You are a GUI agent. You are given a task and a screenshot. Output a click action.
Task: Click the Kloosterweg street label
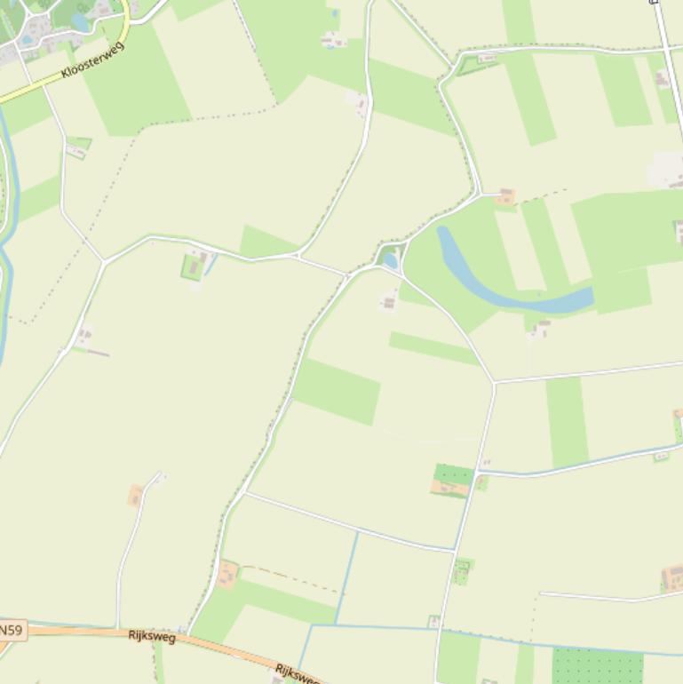[x=93, y=59]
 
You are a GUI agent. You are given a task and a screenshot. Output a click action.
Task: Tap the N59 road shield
[x=11, y=630]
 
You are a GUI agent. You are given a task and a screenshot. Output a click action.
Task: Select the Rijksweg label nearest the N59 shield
[x=152, y=635]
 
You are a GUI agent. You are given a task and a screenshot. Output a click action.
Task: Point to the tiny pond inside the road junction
[x=390, y=260]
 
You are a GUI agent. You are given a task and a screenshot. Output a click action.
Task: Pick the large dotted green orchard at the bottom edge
[x=597, y=665]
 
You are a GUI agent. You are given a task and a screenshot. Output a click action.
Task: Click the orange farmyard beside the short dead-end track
[x=136, y=495]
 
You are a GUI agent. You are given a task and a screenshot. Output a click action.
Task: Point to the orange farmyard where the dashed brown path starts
[x=227, y=574]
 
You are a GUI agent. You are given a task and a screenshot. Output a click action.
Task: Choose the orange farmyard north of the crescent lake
[x=505, y=196]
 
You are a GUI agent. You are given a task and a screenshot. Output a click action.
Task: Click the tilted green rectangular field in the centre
[x=337, y=391]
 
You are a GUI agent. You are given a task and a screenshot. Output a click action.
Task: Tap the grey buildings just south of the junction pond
[x=388, y=303]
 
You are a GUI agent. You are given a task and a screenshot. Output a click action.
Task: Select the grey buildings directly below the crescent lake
[x=540, y=330]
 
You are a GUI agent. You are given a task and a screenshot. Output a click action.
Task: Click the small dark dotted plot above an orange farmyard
[x=453, y=473]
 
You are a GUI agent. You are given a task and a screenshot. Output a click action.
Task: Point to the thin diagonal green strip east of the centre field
[x=434, y=347]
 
